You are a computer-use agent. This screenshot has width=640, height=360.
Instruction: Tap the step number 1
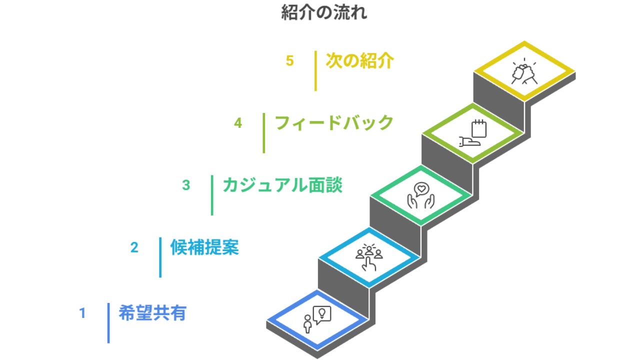[x=82, y=313]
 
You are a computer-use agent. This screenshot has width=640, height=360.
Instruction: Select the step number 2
[x=134, y=247]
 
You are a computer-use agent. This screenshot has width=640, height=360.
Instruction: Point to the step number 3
[x=186, y=185]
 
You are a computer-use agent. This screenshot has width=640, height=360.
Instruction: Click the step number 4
[x=238, y=123]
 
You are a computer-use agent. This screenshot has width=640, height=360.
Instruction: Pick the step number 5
[x=290, y=61]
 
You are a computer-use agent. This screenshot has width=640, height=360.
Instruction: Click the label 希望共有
[x=152, y=313]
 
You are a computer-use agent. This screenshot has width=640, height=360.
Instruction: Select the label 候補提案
[x=204, y=247]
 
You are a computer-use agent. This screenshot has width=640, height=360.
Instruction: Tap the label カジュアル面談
[x=282, y=185]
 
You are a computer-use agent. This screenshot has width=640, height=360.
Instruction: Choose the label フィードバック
[x=334, y=123]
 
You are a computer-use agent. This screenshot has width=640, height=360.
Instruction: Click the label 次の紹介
[x=360, y=61]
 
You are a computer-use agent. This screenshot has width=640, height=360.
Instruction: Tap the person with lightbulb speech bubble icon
[x=317, y=319]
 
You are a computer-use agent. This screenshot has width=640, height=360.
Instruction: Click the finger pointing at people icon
[x=369, y=257]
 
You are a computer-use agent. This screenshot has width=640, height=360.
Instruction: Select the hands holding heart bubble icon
[x=420, y=195]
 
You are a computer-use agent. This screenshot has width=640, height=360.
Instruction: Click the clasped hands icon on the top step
[x=524, y=72]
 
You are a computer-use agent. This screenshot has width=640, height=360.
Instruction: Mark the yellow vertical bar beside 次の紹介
[x=315, y=71]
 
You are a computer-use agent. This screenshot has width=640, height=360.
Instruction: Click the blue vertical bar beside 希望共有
[x=108, y=323]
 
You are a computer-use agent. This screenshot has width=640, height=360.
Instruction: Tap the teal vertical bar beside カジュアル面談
[x=212, y=195]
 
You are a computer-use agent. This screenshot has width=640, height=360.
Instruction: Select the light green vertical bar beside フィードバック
[x=264, y=133]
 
